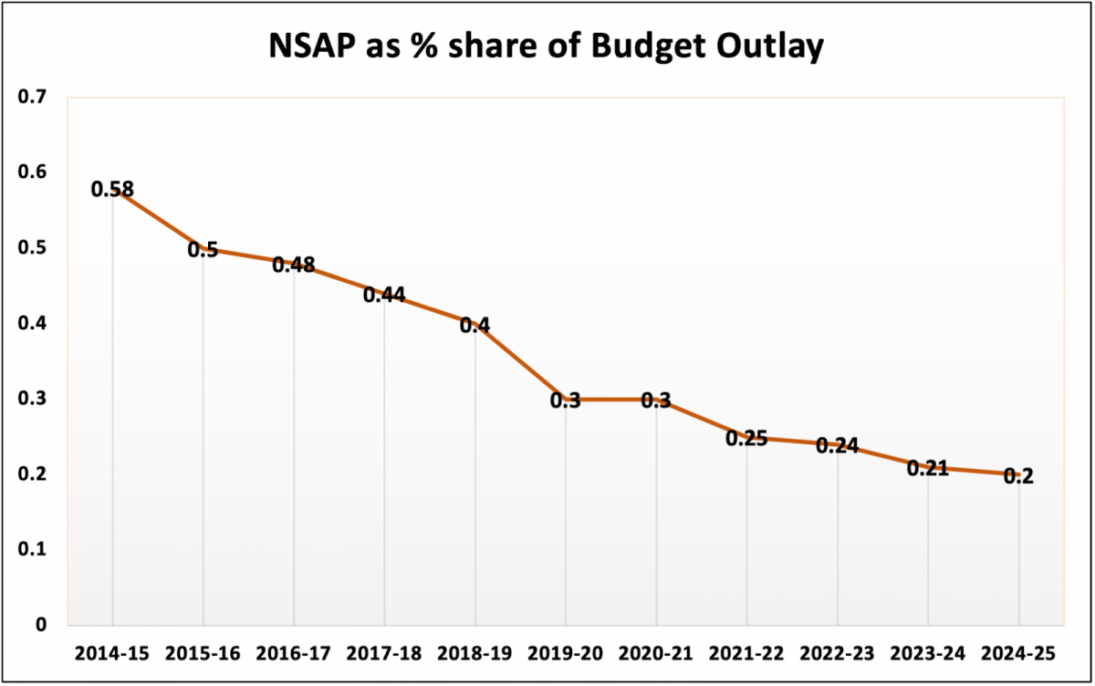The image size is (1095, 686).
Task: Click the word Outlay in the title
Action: point(770,47)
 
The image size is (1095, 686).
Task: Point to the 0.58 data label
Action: point(112,190)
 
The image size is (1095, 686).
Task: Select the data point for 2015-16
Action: point(203,249)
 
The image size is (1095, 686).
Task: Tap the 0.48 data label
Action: point(294,265)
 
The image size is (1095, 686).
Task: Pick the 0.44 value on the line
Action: point(384,295)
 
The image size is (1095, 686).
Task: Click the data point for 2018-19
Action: point(474,325)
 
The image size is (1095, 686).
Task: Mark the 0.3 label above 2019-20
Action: point(565,400)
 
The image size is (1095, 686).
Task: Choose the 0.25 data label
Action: point(746,438)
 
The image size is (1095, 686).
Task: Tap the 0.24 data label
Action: point(837,445)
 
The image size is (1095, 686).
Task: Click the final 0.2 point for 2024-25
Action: point(1018,475)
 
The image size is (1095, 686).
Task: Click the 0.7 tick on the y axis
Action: point(36,97)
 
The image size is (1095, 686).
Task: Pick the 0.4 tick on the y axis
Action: point(36,323)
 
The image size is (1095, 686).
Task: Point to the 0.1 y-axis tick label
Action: point(36,549)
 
